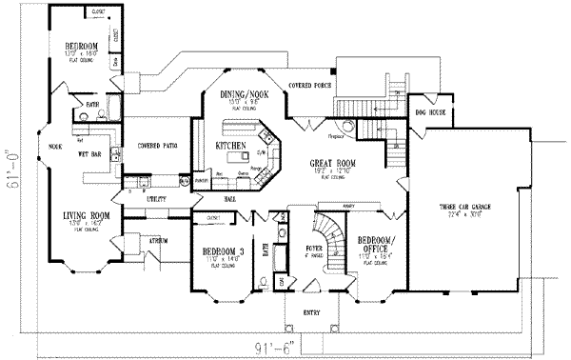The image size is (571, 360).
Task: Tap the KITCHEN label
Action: click(231, 147)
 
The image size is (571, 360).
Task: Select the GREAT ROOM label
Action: click(332, 163)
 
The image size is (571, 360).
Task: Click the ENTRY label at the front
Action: click(310, 310)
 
